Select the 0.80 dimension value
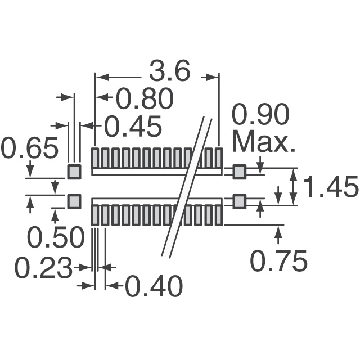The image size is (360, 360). (145, 99)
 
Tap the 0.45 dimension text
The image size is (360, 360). (133, 126)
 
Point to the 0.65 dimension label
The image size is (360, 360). (29, 147)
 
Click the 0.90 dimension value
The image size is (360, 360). (260, 114)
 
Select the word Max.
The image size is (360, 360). (264, 142)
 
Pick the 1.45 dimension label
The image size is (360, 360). (330, 186)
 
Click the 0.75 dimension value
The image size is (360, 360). (279, 260)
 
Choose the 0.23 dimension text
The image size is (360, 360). (43, 268)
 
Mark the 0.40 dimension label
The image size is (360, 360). (154, 286)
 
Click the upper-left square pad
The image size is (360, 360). (74, 172)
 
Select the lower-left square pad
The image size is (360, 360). (74, 201)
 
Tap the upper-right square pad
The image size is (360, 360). (240, 172)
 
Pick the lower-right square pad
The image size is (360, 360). (240, 201)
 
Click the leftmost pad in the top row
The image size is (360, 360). (95, 158)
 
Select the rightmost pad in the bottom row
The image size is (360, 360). (219, 215)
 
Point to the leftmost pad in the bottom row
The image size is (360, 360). (95, 215)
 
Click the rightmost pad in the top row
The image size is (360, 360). (219, 158)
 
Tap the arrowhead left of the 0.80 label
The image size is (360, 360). (102, 97)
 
